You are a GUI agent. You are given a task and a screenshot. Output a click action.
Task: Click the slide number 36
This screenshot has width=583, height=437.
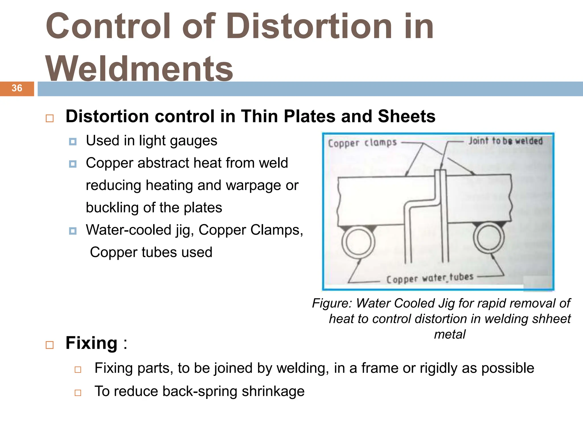click(x=17, y=88)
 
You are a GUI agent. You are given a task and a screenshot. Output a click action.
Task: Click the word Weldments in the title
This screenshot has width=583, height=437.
click(x=139, y=69)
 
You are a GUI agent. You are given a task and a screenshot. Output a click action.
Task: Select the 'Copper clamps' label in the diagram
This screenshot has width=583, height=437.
click(x=362, y=143)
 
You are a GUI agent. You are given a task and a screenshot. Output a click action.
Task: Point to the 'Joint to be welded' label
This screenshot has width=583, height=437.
click(x=506, y=141)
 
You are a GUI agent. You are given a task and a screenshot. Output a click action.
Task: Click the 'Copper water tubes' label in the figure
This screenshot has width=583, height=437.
click(x=430, y=278)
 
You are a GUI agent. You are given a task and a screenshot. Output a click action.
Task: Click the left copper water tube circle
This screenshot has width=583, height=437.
click(x=358, y=242)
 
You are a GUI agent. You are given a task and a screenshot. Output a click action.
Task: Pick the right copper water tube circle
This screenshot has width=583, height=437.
click(x=489, y=238)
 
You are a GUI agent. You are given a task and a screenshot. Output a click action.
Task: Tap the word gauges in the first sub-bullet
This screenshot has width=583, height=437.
click(x=193, y=141)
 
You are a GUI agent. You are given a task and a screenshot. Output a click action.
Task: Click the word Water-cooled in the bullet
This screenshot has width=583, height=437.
click(x=129, y=230)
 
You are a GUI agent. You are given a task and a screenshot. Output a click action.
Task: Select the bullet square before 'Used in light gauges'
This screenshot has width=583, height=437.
click(x=73, y=142)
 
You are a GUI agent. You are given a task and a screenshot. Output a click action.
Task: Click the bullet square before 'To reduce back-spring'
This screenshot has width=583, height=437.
click(x=78, y=393)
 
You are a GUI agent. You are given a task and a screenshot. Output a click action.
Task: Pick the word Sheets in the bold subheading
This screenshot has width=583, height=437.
click(x=406, y=116)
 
